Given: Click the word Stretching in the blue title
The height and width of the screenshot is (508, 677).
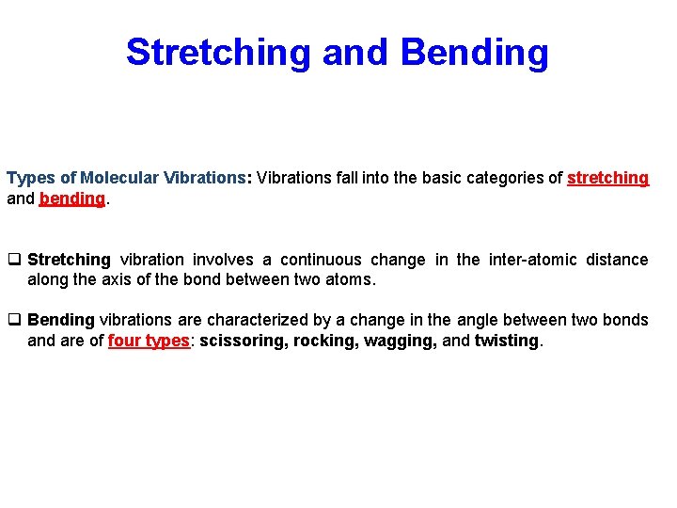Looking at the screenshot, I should [217, 53].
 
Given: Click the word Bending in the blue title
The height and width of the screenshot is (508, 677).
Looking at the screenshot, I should [474, 53].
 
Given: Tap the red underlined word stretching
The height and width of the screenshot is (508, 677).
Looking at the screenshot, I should [607, 178].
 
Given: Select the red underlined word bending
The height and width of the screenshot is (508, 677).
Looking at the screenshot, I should [71, 198].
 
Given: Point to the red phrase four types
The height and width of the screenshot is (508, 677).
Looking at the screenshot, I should [149, 341].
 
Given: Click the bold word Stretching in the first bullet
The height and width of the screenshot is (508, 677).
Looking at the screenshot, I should [69, 260].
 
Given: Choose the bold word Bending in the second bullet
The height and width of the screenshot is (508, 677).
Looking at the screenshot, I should [61, 321].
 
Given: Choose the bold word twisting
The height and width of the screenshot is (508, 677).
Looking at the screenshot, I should [508, 341].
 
